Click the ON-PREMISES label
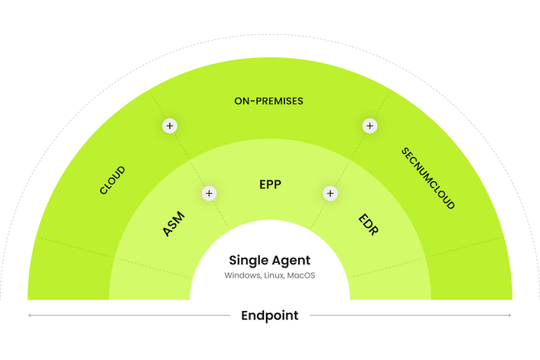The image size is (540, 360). (x=269, y=101)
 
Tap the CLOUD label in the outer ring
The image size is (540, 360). (x=112, y=180)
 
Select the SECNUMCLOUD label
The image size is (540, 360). (x=428, y=179)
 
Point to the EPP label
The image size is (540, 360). (x=270, y=185)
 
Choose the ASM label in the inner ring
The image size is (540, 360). (x=174, y=225)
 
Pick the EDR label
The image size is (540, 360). (x=367, y=224)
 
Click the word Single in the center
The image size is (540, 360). (x=247, y=261)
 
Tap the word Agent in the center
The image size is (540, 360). (x=292, y=261)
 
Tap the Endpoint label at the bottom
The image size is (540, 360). (x=269, y=315)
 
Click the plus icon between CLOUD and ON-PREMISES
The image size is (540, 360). (x=169, y=126)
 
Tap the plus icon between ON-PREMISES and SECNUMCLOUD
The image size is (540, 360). (x=370, y=126)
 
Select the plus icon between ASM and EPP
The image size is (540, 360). (x=209, y=193)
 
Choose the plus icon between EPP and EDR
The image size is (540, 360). (x=330, y=193)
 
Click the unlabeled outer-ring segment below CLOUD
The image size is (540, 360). (x=71, y=270)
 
